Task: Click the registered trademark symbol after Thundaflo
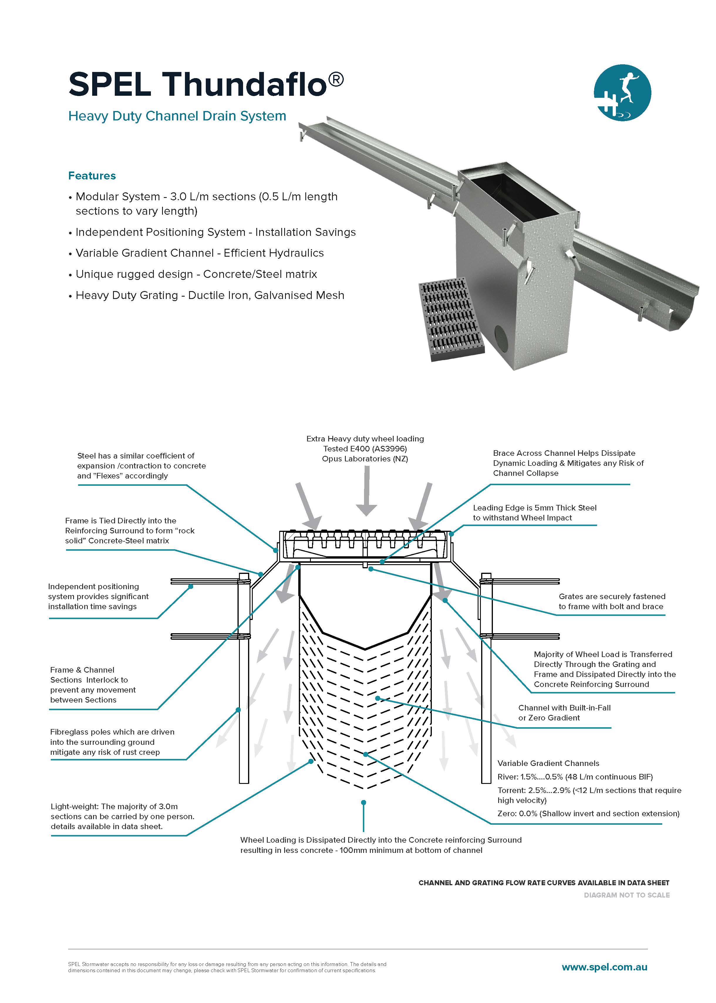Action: click(x=336, y=80)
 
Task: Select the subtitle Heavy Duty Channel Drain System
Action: click(x=177, y=116)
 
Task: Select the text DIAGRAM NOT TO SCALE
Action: click(x=626, y=895)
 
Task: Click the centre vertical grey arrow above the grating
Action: click(x=366, y=491)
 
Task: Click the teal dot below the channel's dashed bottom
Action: click(x=364, y=803)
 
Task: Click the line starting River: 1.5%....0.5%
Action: click(x=575, y=777)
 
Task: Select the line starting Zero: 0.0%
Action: click(x=588, y=813)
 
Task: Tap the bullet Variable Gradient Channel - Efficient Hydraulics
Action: click(x=199, y=253)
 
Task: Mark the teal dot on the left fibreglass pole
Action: click(x=238, y=710)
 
